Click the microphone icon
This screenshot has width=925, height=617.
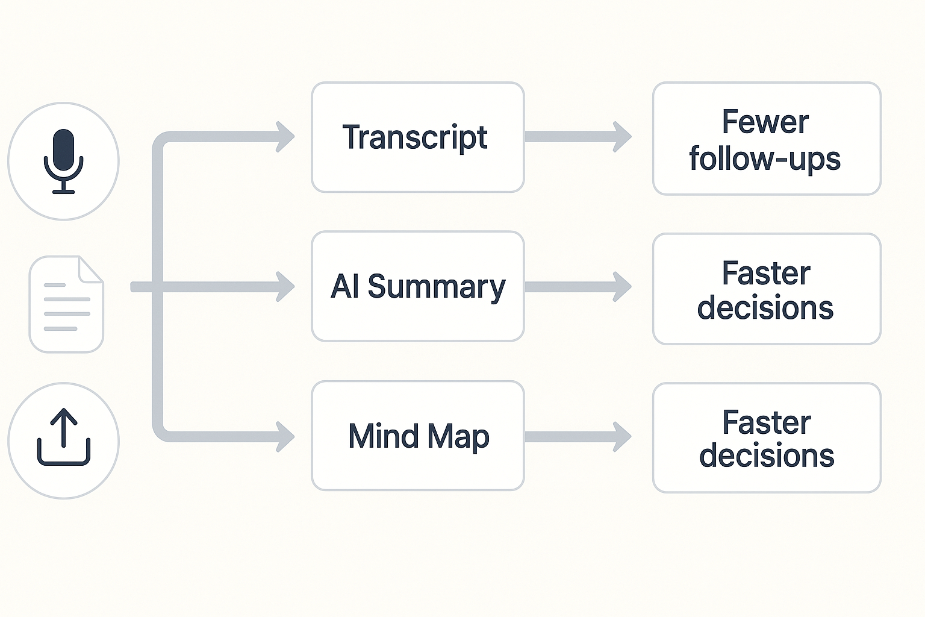pyautogui.click(x=63, y=158)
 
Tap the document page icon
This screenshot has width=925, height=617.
pyautogui.click(x=66, y=305)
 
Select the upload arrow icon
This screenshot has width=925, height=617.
pyautogui.click(x=63, y=438)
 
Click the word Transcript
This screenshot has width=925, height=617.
pyautogui.click(x=414, y=138)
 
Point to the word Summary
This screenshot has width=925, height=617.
pyautogui.click(x=436, y=287)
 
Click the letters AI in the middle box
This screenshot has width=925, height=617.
pyautogui.click(x=345, y=286)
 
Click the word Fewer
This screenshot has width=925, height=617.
pyautogui.click(x=765, y=122)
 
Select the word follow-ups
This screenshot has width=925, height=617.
pyautogui.click(x=765, y=159)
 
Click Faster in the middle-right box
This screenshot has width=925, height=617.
pyautogui.click(x=766, y=273)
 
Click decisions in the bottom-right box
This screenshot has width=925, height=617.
pyautogui.click(x=767, y=456)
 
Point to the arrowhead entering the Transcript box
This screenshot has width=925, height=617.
pyautogui.click(x=285, y=137)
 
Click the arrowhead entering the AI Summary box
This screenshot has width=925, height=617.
pyautogui.click(x=285, y=287)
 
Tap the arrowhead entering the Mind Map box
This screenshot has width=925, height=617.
pyautogui.click(x=285, y=436)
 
